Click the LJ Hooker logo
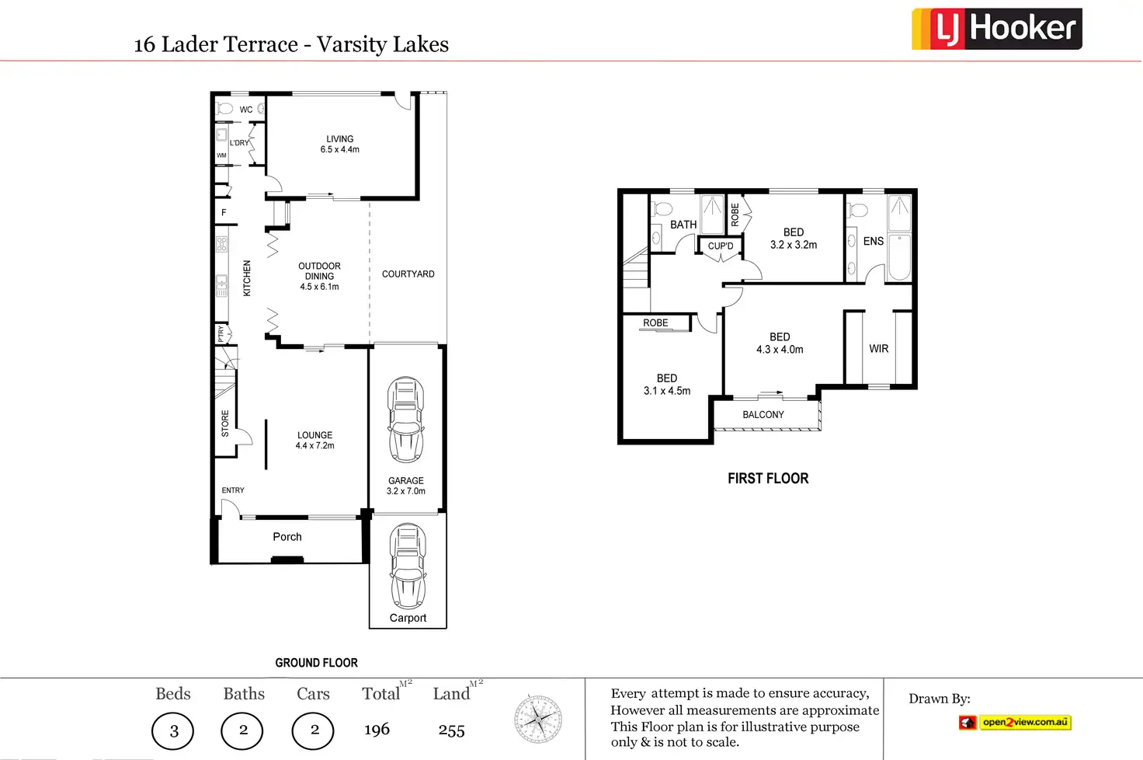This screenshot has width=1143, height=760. [996, 30]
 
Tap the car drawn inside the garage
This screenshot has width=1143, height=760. [406, 420]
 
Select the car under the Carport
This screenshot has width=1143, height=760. [408, 566]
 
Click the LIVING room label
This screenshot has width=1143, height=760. [339, 145]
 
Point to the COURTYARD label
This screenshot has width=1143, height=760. [408, 274]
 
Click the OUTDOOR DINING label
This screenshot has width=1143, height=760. [319, 276]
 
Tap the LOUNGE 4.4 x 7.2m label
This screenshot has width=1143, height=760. [314, 441]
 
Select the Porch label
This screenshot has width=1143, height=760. [287, 537]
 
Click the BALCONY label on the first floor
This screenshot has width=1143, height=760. [763, 415]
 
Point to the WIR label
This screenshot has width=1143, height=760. [879, 349]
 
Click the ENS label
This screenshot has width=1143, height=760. [874, 242]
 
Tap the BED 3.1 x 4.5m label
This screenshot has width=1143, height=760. [667, 385]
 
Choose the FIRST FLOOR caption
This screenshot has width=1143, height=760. [768, 479]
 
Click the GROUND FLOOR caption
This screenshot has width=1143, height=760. [316, 663]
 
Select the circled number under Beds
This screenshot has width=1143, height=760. [173, 730]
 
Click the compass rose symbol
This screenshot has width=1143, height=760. [538, 719]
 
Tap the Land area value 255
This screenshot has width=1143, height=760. [451, 730]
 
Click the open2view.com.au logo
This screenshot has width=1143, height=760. [1015, 723]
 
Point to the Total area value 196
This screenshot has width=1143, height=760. [377, 730]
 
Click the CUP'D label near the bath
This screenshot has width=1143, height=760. [721, 246]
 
